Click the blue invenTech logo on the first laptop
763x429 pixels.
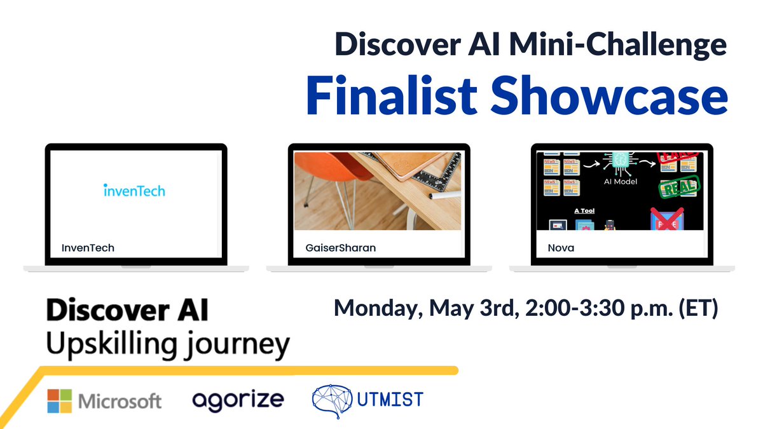pos(134,189)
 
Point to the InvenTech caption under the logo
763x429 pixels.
pos(88,247)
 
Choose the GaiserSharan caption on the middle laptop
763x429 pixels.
pos(336,247)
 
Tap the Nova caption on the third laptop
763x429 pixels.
pos(561,247)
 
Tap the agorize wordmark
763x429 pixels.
pos(238,400)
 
